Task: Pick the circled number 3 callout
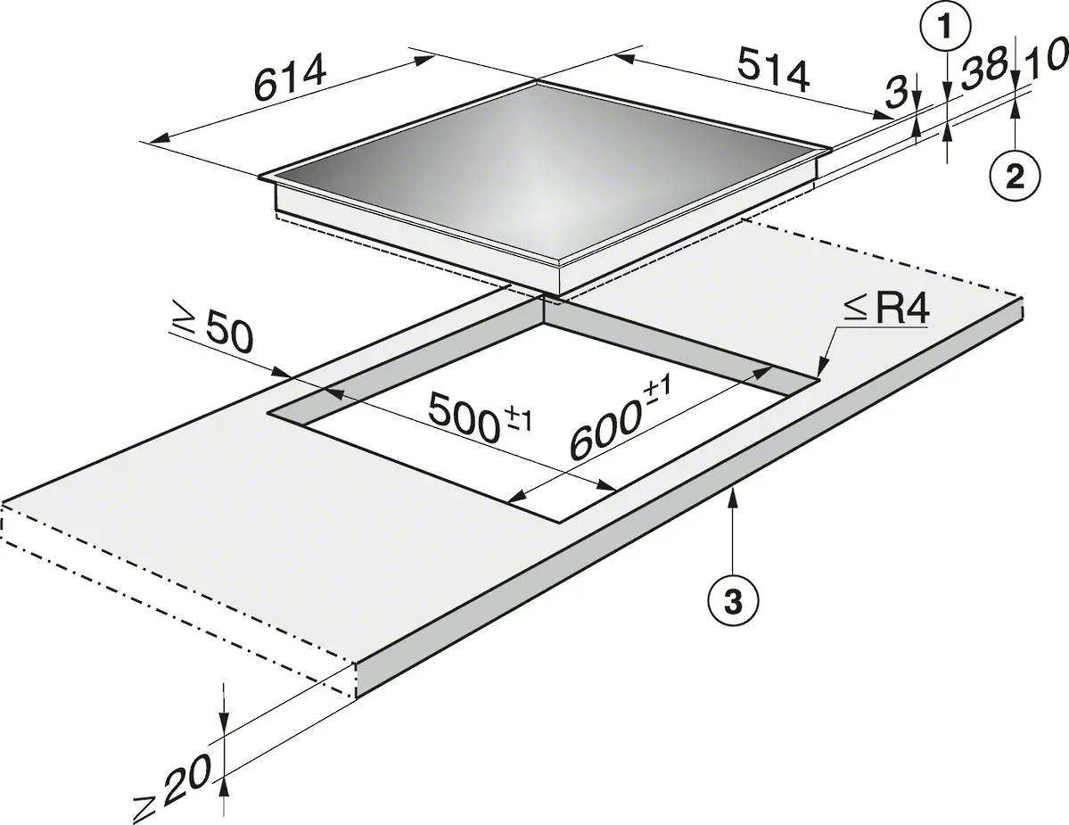pos(732,600)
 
